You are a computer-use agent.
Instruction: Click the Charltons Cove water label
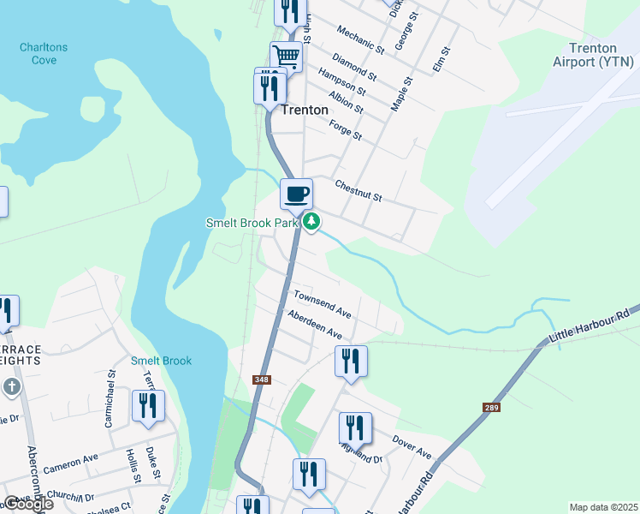(x=44, y=54)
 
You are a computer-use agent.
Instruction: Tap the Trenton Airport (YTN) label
(x=598, y=55)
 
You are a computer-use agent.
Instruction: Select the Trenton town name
(x=304, y=110)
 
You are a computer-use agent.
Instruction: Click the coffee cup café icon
(x=296, y=194)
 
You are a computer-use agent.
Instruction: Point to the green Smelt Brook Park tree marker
(x=312, y=222)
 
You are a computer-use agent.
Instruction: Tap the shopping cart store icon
(x=287, y=57)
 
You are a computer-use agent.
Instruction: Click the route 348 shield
(x=261, y=380)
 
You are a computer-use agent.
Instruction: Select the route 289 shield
(x=490, y=409)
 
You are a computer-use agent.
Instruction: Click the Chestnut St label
(x=358, y=191)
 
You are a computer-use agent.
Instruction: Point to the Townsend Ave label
(x=323, y=304)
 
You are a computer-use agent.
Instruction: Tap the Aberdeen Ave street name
(x=315, y=325)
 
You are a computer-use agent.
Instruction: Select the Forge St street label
(x=346, y=130)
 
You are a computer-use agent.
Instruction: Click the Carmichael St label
(x=110, y=400)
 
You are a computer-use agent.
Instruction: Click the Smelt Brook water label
(x=161, y=361)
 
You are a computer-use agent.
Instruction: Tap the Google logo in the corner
(x=27, y=504)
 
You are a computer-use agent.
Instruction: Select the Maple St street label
(x=401, y=93)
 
